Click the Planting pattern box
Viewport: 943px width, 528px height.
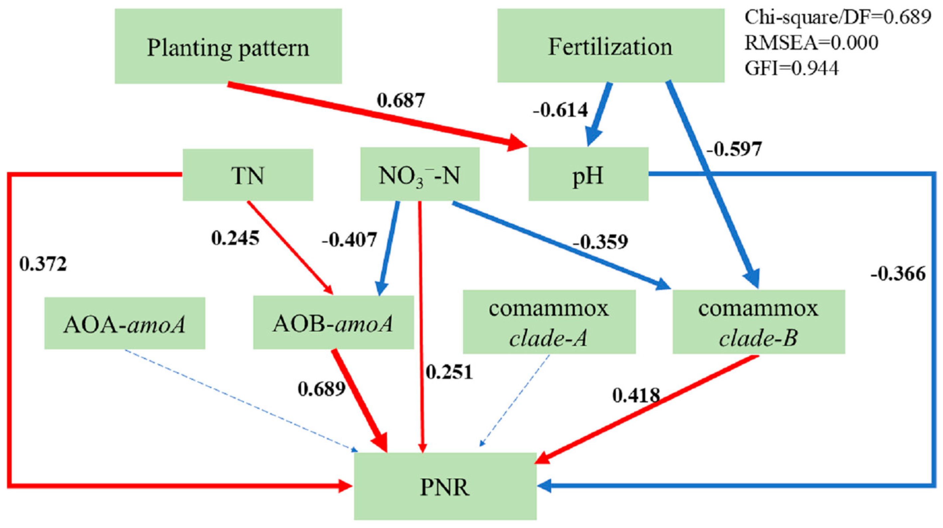[228, 47]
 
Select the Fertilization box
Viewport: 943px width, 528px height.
[610, 46]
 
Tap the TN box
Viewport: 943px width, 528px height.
[248, 175]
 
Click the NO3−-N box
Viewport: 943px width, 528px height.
[420, 175]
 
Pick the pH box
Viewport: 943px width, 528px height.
[588, 175]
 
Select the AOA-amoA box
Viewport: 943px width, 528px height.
[124, 323]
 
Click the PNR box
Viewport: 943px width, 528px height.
[445, 486]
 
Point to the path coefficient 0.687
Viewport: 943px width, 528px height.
[401, 100]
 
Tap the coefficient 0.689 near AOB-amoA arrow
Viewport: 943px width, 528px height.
[321, 388]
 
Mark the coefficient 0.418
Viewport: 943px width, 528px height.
[636, 395]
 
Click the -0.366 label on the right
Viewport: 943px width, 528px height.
[898, 273]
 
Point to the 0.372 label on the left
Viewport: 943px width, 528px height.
[43, 264]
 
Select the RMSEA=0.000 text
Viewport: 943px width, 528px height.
[811, 43]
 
